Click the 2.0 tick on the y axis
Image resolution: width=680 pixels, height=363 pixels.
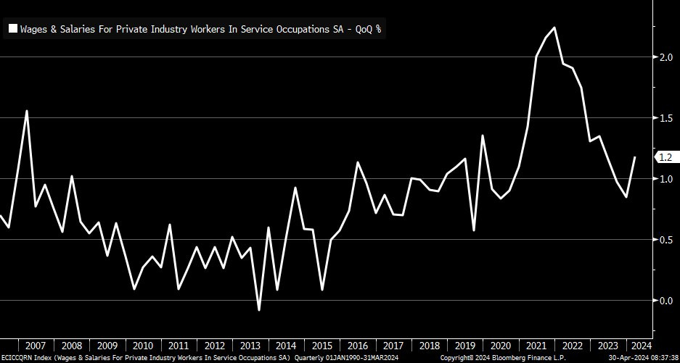[x=664, y=57]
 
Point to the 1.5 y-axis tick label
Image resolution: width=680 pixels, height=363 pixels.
[x=664, y=117]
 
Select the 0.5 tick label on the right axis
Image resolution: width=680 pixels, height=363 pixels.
[x=664, y=239]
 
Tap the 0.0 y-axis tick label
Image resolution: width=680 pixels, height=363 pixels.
[x=664, y=300]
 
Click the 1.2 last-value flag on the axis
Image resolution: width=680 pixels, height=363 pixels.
[x=665, y=157]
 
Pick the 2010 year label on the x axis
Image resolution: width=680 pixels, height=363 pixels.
[x=143, y=346]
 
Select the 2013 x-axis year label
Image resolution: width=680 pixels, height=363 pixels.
[x=250, y=346]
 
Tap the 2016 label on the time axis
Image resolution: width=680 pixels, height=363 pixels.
[x=358, y=346]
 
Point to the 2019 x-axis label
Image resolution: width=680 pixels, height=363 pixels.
[x=465, y=346]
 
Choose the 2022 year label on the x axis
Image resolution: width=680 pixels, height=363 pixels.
[x=573, y=346]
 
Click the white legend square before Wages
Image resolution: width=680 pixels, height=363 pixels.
[x=13, y=30]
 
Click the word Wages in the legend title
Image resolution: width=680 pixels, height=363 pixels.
[x=33, y=30]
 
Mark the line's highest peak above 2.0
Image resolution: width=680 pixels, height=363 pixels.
[x=554, y=28]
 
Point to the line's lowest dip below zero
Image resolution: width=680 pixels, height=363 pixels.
[x=259, y=310]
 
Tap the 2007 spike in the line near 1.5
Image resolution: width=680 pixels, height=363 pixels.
[x=27, y=111]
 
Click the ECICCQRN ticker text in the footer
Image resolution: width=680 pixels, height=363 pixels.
[x=20, y=358]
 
